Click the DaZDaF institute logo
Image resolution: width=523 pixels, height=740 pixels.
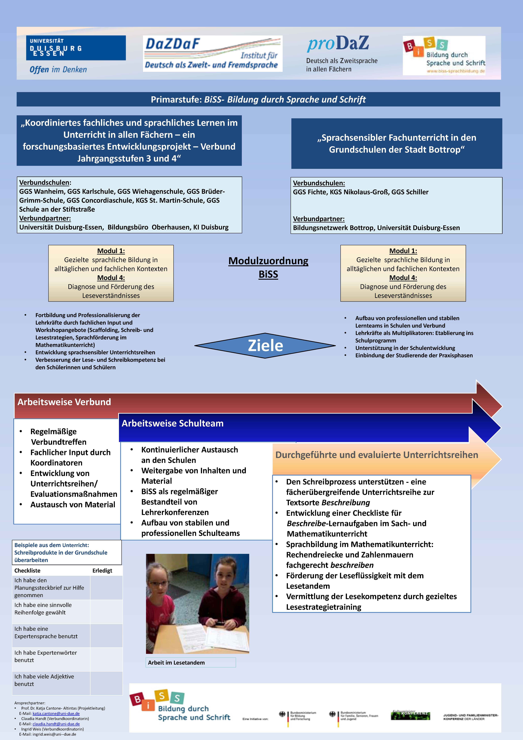point(213,54)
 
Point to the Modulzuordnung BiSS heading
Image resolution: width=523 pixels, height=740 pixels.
point(268,267)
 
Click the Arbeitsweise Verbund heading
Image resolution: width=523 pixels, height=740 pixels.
point(64,402)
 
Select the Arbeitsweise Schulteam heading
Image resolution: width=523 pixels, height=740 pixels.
point(173,423)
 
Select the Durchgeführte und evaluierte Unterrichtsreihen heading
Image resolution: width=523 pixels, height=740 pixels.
point(377,455)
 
